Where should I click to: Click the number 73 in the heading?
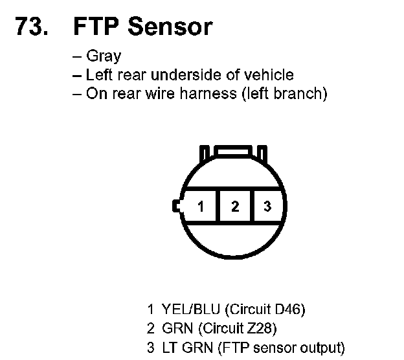point(28,27)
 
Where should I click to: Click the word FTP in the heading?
point(96,27)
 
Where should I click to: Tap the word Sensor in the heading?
point(170,27)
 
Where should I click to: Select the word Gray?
point(104,56)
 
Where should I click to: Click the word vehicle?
point(269,74)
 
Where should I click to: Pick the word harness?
point(208,93)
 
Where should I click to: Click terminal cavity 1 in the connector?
point(200,206)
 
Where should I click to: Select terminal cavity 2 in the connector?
point(235,206)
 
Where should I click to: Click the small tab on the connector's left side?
point(177,206)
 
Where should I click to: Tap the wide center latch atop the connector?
point(233,151)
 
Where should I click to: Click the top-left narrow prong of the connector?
point(205,154)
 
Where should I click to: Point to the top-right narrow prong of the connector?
point(262,154)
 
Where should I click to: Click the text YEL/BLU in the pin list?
point(190,309)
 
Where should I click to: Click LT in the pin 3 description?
point(170,348)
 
